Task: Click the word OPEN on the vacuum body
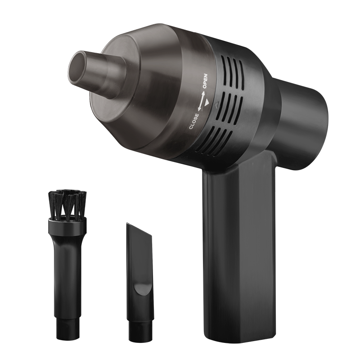[x=205, y=81]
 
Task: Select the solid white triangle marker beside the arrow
[x=207, y=103]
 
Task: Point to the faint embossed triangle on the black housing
[x=216, y=105]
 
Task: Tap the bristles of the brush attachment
[x=67, y=204]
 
